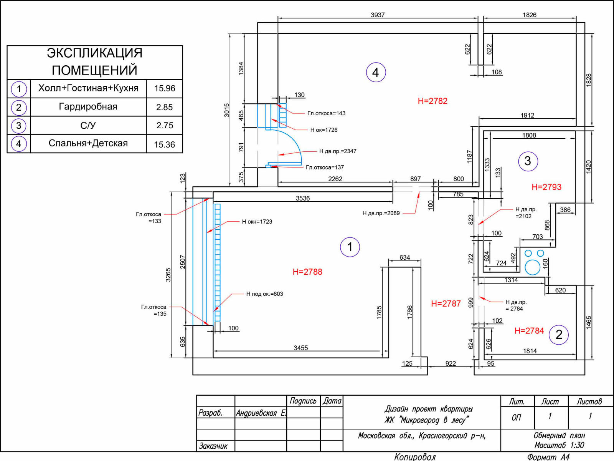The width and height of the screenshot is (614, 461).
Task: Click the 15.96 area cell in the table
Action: tap(165, 88)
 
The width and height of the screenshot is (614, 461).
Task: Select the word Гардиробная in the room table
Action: tap(88, 107)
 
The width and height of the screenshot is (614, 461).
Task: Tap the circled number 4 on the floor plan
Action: tap(376, 72)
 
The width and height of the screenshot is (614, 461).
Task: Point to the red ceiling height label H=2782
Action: tap(432, 101)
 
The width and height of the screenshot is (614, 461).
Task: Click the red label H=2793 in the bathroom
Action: tap(546, 187)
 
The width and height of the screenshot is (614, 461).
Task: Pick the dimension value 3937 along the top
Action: tap(378, 15)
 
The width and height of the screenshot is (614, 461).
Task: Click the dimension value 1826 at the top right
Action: tap(529, 15)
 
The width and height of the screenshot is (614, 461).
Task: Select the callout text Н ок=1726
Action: tap(324, 130)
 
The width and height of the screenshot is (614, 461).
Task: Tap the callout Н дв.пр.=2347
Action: tap(338, 151)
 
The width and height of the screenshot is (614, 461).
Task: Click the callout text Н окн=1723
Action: tap(257, 222)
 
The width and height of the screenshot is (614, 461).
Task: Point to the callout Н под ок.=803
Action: tap(264, 294)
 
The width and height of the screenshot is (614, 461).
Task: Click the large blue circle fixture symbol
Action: tap(532, 267)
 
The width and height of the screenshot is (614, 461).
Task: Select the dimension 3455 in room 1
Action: tap(301, 348)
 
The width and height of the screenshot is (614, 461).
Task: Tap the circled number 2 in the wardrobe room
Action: tap(559, 335)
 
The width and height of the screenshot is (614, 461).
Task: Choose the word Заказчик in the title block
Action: tap(213, 446)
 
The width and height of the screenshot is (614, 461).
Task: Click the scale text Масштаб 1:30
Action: tap(559, 445)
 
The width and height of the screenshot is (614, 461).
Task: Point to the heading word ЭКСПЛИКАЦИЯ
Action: tap(94, 53)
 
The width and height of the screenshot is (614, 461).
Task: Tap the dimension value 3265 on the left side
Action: tap(168, 275)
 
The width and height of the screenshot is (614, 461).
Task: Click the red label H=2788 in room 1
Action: tap(307, 272)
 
